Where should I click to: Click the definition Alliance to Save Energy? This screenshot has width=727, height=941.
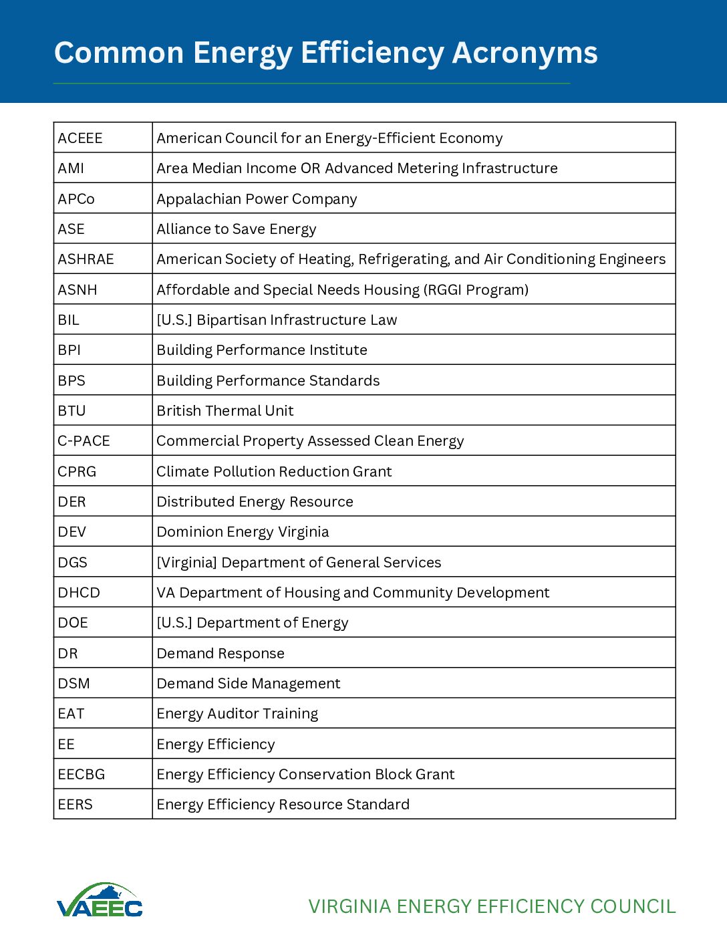pyautogui.click(x=236, y=229)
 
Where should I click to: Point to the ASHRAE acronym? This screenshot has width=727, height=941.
pyautogui.click(x=86, y=259)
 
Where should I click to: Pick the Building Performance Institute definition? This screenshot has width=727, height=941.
pyautogui.click(x=262, y=350)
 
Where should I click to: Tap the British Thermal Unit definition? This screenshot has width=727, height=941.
pyautogui.click(x=225, y=411)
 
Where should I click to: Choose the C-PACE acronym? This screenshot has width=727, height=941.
pyautogui.click(x=84, y=441)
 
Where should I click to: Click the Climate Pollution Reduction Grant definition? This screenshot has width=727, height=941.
pyautogui.click(x=274, y=472)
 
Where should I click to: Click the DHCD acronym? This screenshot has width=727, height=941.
pyautogui.click(x=79, y=593)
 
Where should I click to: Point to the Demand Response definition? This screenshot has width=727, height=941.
pyautogui.click(x=221, y=654)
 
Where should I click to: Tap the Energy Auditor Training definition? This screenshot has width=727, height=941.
pyautogui.click(x=237, y=714)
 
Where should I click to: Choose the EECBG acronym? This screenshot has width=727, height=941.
pyautogui.click(x=82, y=775)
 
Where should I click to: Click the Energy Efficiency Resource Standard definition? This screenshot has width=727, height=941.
pyautogui.click(x=283, y=805)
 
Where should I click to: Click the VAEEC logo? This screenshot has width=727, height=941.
pyautogui.click(x=100, y=901)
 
